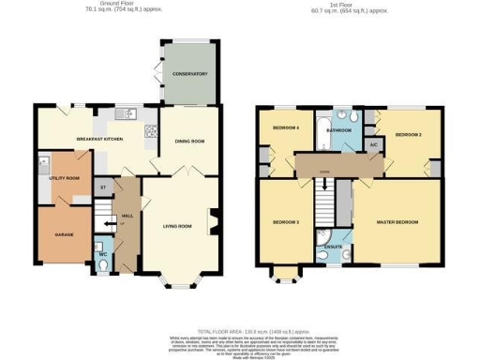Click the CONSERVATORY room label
[x=189, y=73]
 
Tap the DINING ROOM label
[x=190, y=142]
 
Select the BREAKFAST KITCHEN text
[x=99, y=139]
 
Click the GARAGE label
[x=64, y=233]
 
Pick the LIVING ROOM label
[x=177, y=226]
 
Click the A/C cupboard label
[x=373, y=145]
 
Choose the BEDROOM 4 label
[x=285, y=127]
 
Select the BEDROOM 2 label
[x=408, y=135]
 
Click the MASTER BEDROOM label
[x=397, y=222]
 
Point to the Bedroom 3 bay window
[x=283, y=275]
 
